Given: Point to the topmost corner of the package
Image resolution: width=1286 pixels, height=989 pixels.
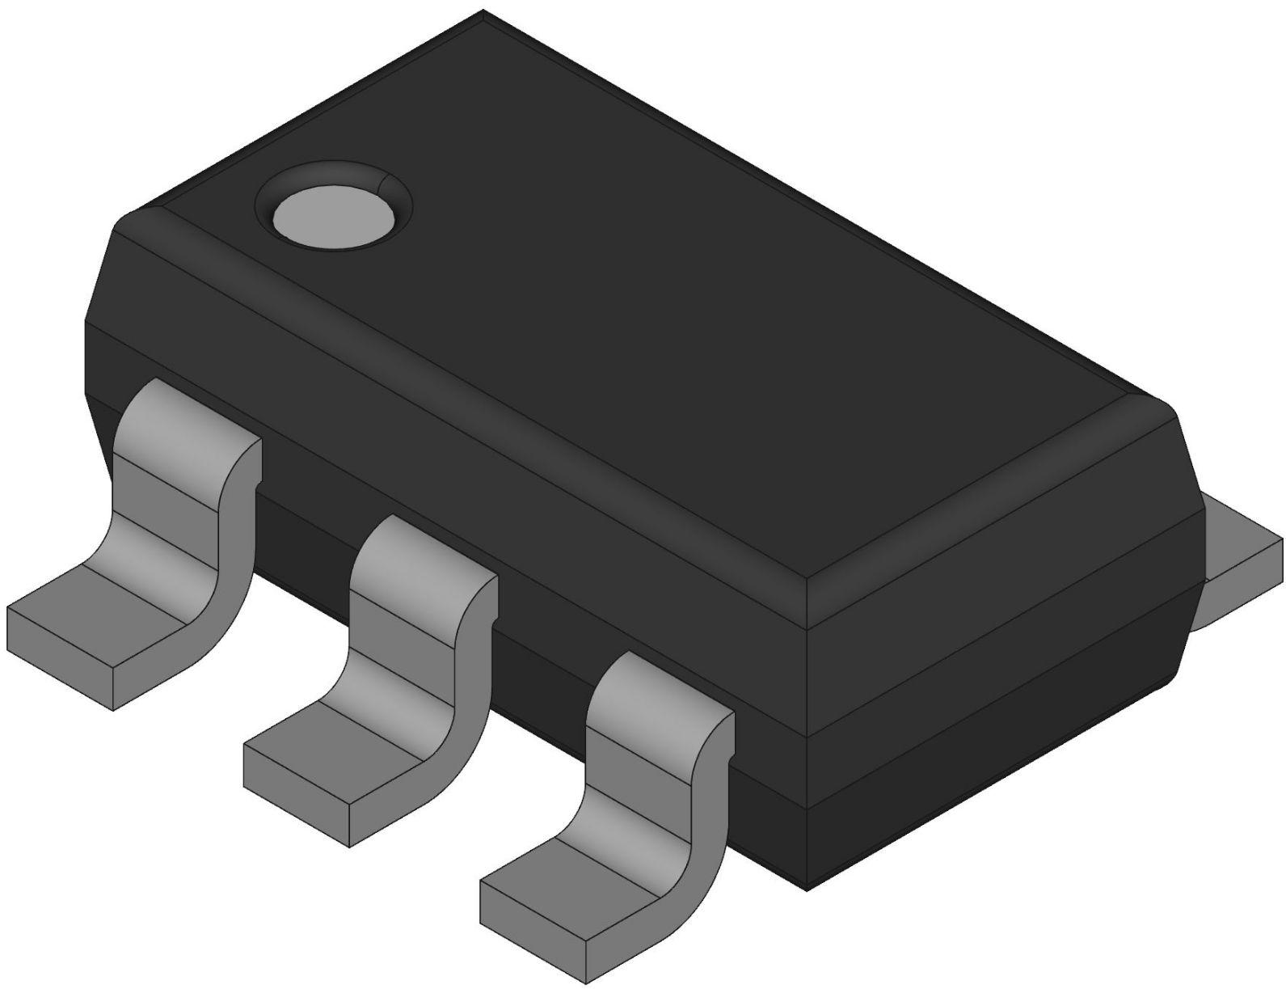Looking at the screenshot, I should (483, 11).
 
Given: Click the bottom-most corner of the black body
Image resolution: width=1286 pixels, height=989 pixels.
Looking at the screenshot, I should (808, 890).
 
